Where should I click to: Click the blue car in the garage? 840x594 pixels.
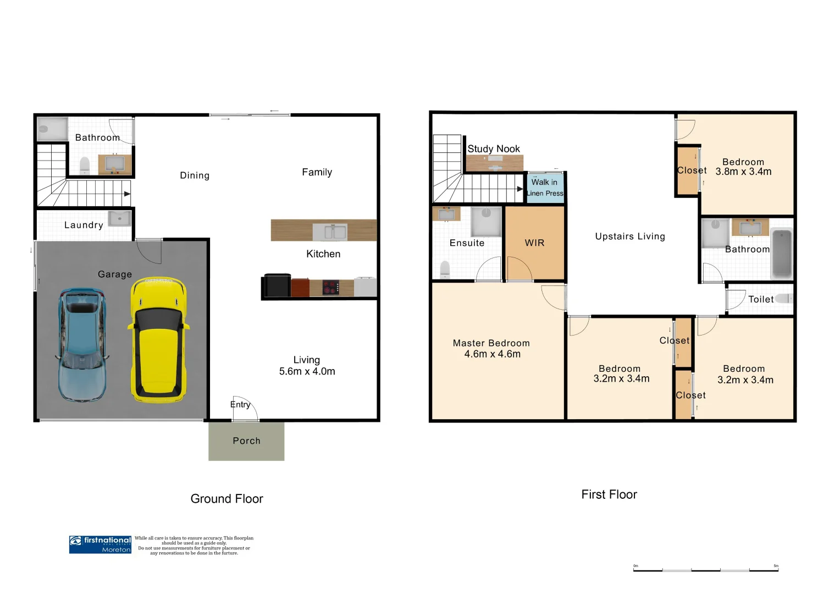(82, 344)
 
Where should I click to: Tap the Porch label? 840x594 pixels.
(246, 441)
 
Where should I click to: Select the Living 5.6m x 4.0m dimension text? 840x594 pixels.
(307, 366)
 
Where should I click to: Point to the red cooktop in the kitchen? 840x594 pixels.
(331, 288)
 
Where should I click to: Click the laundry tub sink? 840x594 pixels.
(119, 218)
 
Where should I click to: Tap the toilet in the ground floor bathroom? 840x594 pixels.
(85, 165)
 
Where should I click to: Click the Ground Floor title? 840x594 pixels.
(226, 499)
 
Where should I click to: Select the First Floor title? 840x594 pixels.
(609, 494)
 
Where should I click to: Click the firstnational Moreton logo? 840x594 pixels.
(100, 544)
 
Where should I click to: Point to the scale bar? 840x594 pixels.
(705, 570)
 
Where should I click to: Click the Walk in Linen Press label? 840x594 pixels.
(544, 188)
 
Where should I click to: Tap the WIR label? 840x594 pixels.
(534, 243)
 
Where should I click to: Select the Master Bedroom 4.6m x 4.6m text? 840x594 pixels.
(491, 349)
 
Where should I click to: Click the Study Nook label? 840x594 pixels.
(493, 148)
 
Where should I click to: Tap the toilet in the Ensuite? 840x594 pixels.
(445, 269)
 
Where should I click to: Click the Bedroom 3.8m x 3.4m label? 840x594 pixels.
(743, 167)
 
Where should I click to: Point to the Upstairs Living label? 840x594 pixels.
(630, 236)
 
